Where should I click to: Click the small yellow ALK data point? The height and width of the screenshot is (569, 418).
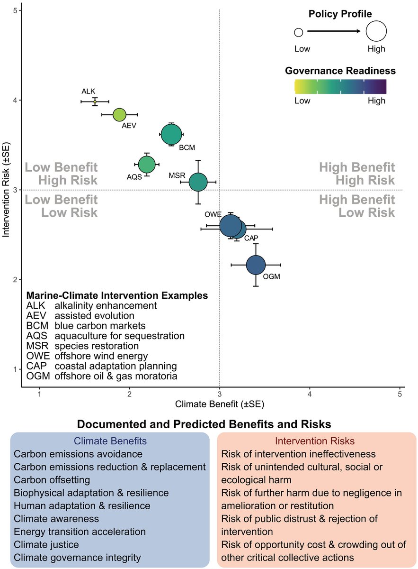95,101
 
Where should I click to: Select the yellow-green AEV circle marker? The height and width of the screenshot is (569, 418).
119,115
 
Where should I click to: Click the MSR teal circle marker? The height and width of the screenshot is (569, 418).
198,182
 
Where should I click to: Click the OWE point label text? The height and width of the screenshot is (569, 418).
213,214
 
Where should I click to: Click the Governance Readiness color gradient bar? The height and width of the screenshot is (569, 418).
340,87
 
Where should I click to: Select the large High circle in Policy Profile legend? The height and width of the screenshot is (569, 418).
376,32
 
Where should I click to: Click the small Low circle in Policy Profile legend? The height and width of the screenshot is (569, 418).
298,32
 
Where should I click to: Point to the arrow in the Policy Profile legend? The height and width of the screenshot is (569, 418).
334,32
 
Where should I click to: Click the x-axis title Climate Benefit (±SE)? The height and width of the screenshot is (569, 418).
219,404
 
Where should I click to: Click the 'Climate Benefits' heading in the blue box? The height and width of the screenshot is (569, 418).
110,441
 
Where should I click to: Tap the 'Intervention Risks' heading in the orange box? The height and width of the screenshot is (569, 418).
317,441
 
